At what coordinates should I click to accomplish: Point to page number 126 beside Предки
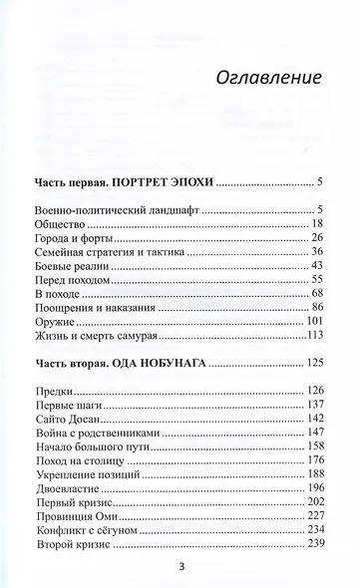click(x=315, y=390)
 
